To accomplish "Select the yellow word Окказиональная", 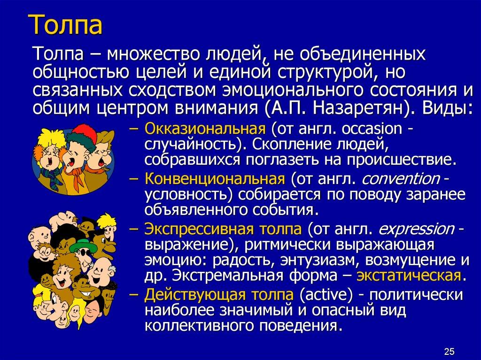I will coord(206,128).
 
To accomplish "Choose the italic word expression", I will coord(416,230).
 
